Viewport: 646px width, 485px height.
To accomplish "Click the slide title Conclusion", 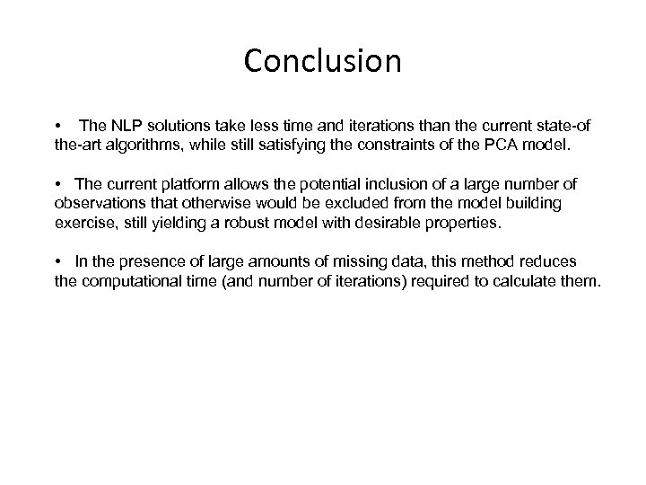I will click(322, 61).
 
